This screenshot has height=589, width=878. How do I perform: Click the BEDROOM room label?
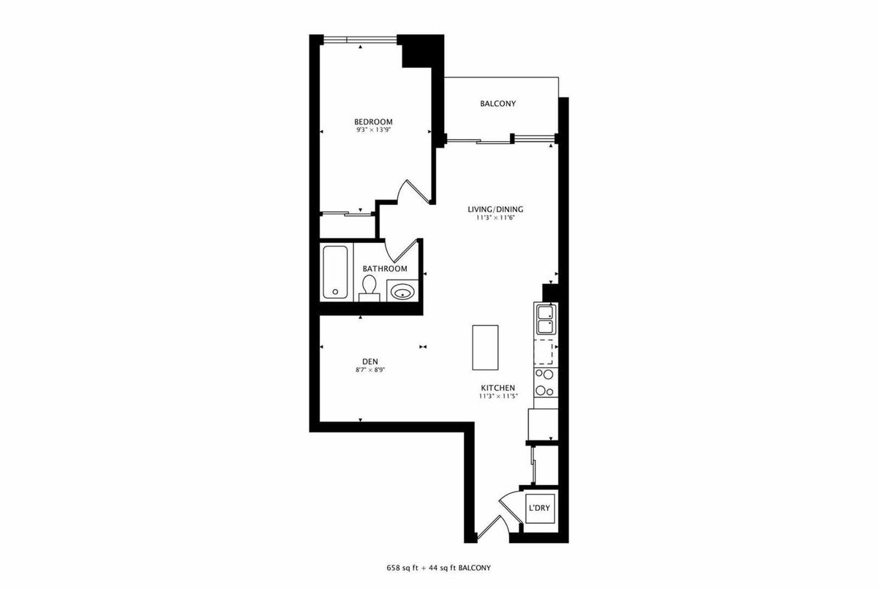pyautogui.click(x=373, y=122)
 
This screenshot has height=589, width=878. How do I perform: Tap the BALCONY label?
pyautogui.click(x=498, y=103)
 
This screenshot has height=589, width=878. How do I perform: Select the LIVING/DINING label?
pyautogui.click(x=495, y=209)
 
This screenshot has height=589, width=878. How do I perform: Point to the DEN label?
pyautogui.click(x=370, y=361)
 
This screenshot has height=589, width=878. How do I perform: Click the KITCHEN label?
pyautogui.click(x=498, y=388)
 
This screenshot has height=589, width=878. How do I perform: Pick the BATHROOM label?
pyautogui.click(x=385, y=269)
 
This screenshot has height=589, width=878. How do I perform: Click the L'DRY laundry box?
pyautogui.click(x=540, y=509)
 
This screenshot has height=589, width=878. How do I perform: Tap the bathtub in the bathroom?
pyautogui.click(x=335, y=272)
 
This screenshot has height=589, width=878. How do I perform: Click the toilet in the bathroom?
pyautogui.click(x=369, y=288)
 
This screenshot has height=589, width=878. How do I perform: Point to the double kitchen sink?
pyautogui.click(x=545, y=320)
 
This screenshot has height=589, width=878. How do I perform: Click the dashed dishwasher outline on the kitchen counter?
pyautogui.click(x=544, y=353)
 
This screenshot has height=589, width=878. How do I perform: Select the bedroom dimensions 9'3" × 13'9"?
pyautogui.click(x=374, y=130)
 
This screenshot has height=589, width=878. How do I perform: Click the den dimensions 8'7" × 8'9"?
pyautogui.click(x=367, y=369)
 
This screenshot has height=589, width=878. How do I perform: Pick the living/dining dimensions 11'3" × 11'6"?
pyautogui.click(x=495, y=218)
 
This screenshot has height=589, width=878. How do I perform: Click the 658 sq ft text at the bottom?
pyautogui.click(x=402, y=568)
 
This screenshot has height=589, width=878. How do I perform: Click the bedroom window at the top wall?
pyautogui.click(x=360, y=40)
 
